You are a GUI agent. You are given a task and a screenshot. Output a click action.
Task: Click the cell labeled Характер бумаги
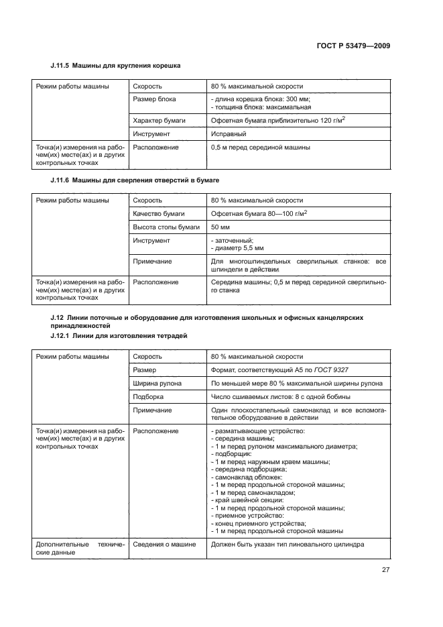(x=159, y=120)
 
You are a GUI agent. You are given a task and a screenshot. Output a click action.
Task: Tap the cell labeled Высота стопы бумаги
(x=166, y=227)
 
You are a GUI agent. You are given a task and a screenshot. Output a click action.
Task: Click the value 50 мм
(x=220, y=227)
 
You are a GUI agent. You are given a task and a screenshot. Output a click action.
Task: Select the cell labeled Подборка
(x=149, y=396)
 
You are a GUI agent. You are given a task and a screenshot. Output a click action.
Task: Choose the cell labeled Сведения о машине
(x=164, y=545)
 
